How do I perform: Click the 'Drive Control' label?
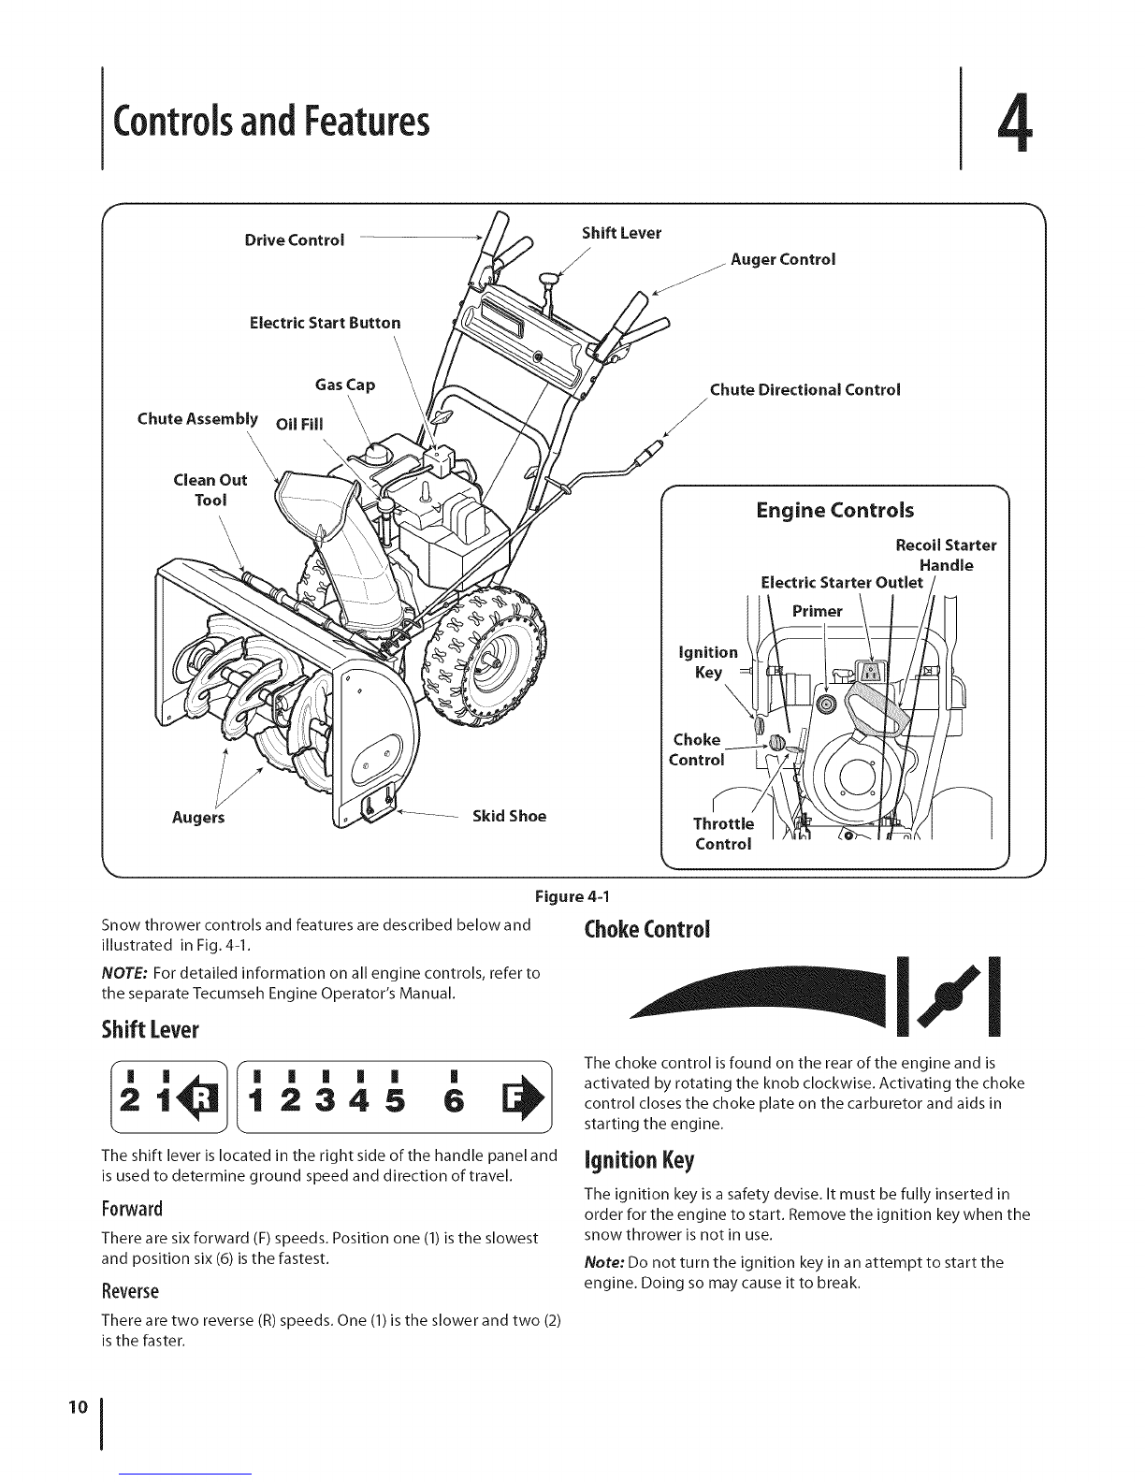(x=294, y=240)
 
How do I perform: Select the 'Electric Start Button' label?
(x=325, y=323)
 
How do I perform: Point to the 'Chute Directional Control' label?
(x=804, y=390)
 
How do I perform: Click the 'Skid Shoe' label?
(x=509, y=816)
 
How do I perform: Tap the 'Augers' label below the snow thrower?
(x=199, y=818)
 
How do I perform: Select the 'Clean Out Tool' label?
(x=210, y=489)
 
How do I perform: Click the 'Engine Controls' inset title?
(x=834, y=511)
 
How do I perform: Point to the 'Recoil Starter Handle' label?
(x=945, y=555)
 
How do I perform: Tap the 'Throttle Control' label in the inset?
(x=723, y=834)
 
